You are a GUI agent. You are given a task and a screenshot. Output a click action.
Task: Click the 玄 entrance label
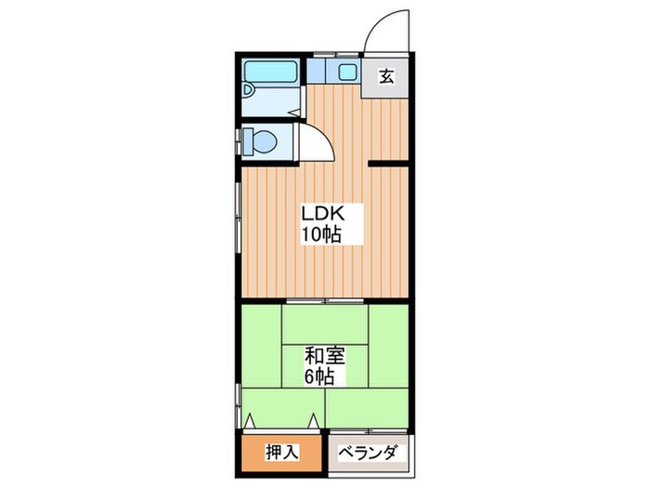[386, 76]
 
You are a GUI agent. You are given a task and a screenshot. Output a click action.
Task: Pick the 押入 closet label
[281, 453]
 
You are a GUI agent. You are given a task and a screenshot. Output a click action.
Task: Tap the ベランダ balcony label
[368, 453]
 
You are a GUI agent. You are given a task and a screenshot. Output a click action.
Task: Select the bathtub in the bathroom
[270, 73]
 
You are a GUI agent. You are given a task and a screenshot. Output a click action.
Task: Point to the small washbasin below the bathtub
[250, 90]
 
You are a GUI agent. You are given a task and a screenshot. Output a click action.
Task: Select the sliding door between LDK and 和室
[325, 302]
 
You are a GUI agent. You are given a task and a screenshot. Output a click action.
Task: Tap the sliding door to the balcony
[368, 430]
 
